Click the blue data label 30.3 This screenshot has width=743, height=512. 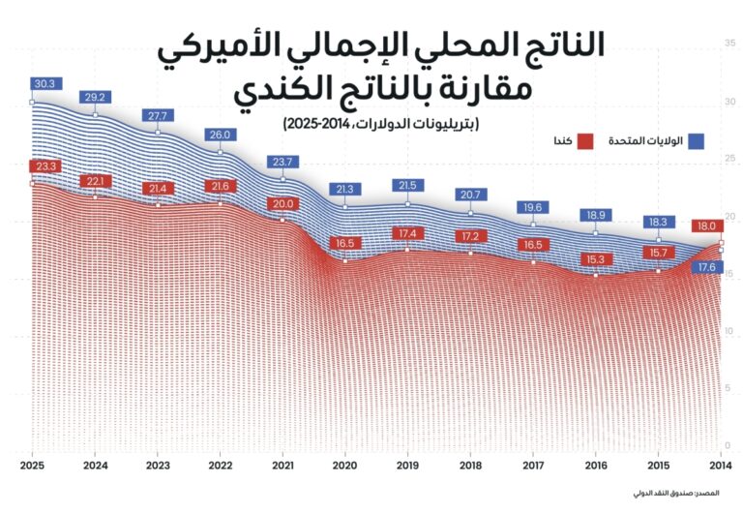[45, 84]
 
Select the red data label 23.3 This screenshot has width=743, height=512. [45, 166]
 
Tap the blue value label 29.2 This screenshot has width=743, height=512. [95, 98]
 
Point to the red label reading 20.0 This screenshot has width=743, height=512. [283, 204]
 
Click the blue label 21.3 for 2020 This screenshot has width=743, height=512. [345, 189]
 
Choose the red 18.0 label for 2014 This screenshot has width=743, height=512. [705, 226]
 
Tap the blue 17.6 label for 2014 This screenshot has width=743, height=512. [705, 267]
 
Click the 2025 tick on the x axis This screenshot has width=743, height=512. [33, 465]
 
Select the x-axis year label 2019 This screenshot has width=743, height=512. [408, 465]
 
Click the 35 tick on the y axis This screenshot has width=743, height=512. [728, 44]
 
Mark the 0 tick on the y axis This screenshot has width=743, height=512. [728, 445]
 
